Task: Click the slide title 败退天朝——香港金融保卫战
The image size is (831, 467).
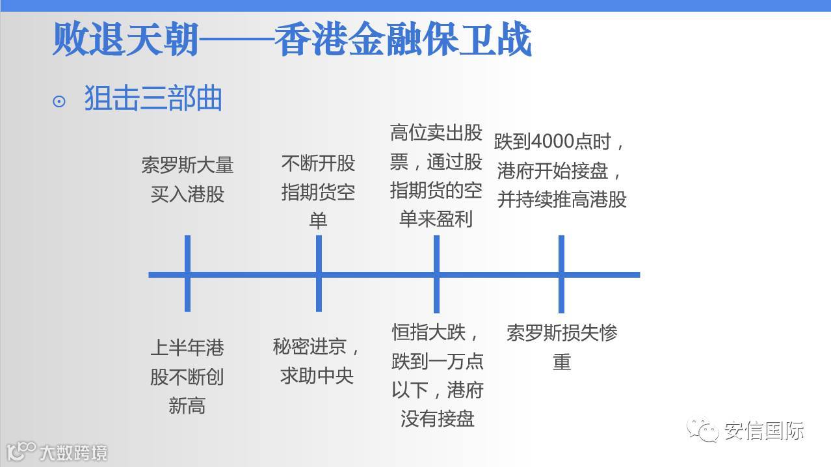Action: pos(291,40)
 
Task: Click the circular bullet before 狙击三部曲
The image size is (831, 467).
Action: pos(59,101)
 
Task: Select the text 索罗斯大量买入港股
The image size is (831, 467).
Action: pos(187,179)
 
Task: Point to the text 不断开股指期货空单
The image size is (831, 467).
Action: pos(318,192)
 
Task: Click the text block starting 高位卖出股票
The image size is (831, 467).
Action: pos(436,176)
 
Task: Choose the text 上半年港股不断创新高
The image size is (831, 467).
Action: pos(187,377)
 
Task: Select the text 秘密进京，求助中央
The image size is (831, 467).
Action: pos(317,361)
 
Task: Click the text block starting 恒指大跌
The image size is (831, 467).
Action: pos(437,375)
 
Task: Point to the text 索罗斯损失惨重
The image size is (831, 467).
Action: pos(562,347)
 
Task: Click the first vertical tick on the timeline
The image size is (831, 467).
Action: pos(187,274)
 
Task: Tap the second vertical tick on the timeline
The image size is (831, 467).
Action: pos(319,274)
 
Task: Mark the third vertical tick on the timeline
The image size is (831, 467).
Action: pos(436,274)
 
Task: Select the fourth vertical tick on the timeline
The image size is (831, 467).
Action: pos(561,274)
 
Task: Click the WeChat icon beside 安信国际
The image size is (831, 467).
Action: pos(704,429)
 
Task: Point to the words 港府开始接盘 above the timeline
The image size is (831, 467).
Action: pos(553,171)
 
